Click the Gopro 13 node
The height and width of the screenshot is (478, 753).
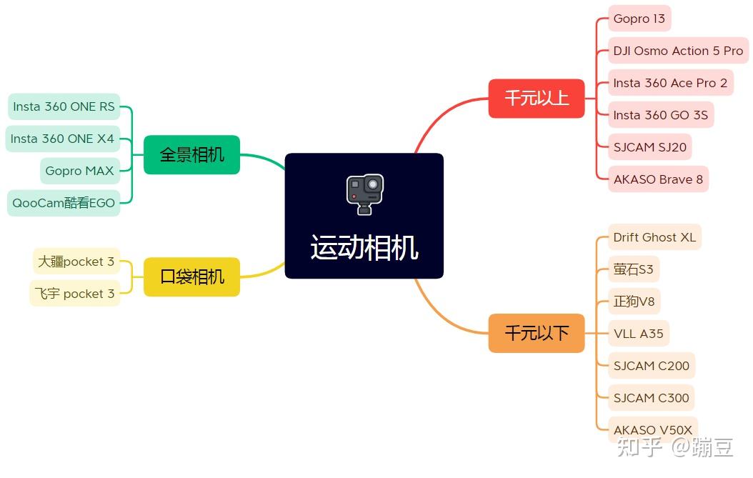639,19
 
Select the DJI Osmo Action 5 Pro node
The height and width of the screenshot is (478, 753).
677,51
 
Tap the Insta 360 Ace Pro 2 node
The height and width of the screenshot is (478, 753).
669,83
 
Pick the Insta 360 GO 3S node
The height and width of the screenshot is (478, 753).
660,115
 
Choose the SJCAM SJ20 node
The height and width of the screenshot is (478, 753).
649,147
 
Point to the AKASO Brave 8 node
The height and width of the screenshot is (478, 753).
657,179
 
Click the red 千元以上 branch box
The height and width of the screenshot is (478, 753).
537,98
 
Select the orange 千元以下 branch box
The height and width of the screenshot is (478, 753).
537,333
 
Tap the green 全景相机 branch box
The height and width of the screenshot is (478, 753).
191,154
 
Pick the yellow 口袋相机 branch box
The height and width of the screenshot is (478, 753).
191,277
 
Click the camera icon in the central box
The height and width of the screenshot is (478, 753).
364,193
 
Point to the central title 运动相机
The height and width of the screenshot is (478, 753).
364,248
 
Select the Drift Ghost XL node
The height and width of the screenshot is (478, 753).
654,237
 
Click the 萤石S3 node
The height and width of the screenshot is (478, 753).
633,269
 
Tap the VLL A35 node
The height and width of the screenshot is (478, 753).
638,333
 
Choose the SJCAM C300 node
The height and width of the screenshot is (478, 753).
651,397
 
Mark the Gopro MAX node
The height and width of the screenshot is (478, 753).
79,171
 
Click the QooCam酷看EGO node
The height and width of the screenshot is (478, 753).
64,203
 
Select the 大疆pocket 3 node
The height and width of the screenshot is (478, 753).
76,262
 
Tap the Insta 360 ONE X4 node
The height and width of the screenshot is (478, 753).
62,139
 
